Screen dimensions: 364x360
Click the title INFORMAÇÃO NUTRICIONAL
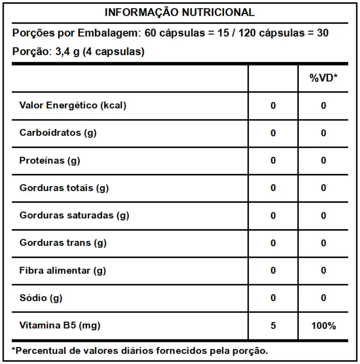(179, 12)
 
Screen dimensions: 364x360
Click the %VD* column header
(323, 78)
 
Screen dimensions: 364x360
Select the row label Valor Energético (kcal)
(73, 105)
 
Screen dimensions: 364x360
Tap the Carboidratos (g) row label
(58, 133)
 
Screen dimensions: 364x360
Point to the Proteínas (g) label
(49, 160)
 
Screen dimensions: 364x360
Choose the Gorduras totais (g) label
(64, 188)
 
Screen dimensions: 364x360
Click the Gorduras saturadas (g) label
(74, 215)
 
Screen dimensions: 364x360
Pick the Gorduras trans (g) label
(63, 243)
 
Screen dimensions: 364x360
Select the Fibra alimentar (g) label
(62, 270)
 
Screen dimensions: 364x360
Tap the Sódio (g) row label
(41, 298)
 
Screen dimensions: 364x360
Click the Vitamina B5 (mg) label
(60, 325)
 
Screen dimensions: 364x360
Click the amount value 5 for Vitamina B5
(273, 325)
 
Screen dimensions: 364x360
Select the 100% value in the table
(323, 325)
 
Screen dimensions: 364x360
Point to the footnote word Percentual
(37, 351)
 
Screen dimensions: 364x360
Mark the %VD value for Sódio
(323, 298)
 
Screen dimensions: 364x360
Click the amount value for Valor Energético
(273, 106)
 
